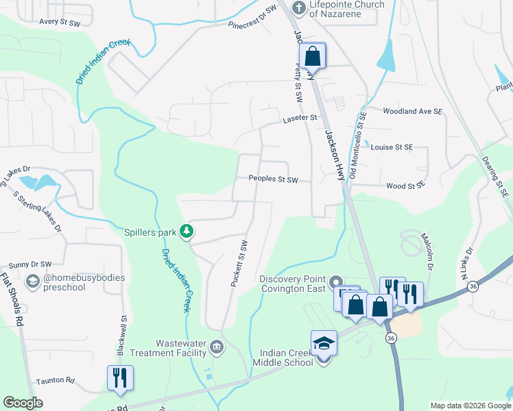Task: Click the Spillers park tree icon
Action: coord(186,232)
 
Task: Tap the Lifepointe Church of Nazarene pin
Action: coord(298,8)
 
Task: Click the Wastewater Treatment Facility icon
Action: coord(217,347)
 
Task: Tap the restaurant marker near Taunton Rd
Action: coord(120,377)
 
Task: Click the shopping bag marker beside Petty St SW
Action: coord(313,55)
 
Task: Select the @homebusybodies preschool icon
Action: coord(32,282)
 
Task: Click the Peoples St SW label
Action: coord(274,179)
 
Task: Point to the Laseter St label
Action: coord(300,118)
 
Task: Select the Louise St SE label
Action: coord(392,147)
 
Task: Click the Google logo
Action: coord(23,403)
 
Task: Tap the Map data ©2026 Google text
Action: coord(470,406)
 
